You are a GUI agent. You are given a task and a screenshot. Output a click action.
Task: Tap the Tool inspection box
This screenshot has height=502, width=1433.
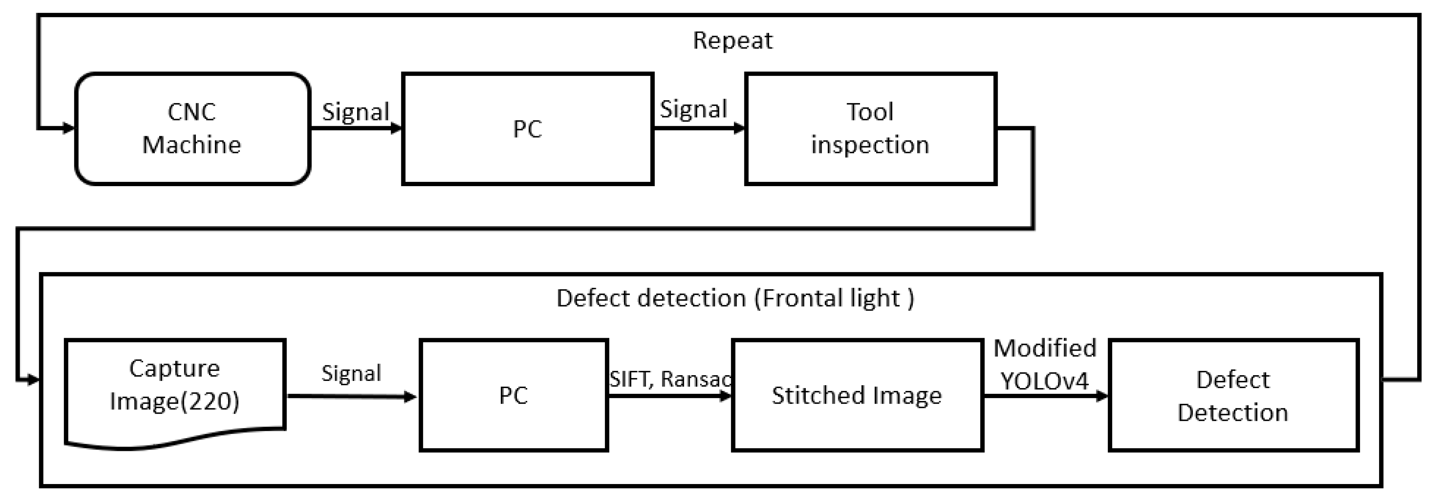coord(870,129)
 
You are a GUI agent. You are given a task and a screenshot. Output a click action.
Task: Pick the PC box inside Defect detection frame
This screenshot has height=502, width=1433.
coord(513,395)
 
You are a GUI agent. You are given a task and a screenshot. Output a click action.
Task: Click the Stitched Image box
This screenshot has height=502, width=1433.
coord(857,395)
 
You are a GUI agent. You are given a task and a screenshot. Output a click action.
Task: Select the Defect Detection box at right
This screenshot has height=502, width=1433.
coord(1233,395)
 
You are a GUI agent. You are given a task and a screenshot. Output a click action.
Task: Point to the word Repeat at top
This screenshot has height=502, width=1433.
coord(732,41)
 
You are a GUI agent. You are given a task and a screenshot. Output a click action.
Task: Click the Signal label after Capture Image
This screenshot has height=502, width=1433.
coord(351,373)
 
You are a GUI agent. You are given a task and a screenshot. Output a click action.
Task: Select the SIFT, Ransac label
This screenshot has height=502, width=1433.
coord(670,379)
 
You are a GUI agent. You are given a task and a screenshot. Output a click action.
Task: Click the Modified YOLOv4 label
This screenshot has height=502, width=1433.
coord(1045,364)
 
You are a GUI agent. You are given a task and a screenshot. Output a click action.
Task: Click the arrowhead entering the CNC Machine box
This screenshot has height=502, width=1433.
coord(69,129)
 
